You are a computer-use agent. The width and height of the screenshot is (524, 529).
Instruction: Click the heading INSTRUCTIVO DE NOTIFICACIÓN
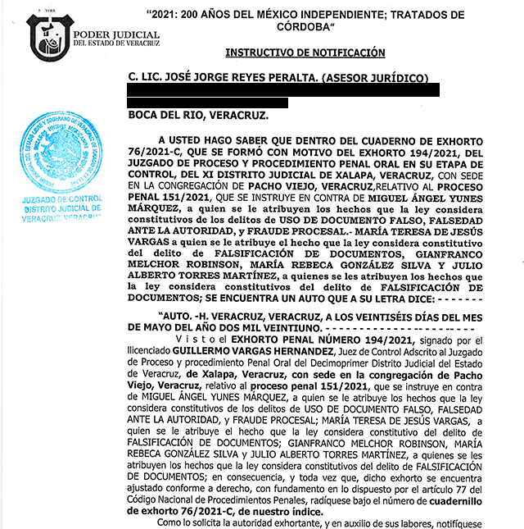tap(305, 52)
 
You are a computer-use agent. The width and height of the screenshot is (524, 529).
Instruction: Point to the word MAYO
tap(178, 326)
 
